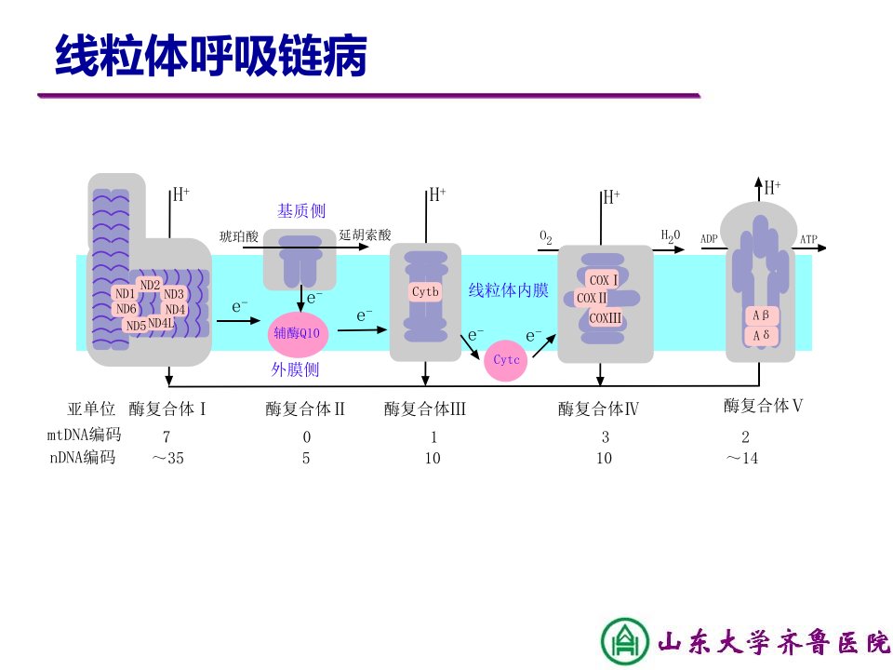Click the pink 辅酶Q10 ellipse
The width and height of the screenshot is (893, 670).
298,333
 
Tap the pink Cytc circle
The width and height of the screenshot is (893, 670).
506,360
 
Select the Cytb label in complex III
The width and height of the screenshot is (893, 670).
425,291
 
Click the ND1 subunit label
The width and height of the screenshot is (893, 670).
125,293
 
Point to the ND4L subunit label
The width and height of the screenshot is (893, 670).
161,323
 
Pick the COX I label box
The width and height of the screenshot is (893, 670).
603,280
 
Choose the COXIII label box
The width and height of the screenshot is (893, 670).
605,318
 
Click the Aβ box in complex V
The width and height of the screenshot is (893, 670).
761,315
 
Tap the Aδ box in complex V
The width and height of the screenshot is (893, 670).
761,336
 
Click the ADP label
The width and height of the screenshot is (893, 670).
709,239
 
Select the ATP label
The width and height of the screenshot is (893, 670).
808,239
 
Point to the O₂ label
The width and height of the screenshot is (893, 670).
546,237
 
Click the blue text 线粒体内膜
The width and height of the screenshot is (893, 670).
508,290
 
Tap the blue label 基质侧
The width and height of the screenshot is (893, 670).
301,211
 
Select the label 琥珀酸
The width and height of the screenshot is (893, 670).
239,235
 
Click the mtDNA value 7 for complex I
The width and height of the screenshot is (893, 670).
167,437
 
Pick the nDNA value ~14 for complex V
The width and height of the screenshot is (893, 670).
742,458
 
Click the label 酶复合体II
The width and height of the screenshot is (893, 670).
305,409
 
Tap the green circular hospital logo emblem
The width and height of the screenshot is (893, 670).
625,641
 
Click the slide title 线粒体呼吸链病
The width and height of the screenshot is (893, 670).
211,55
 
